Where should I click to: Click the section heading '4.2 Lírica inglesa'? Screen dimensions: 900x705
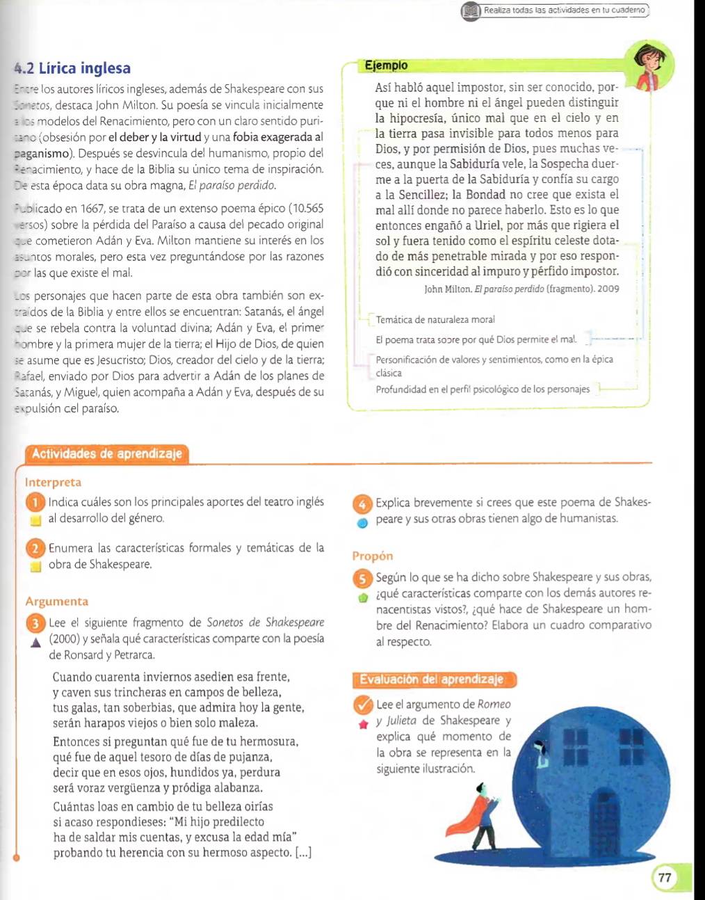(x=72, y=68)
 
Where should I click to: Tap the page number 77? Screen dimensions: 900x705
(x=665, y=877)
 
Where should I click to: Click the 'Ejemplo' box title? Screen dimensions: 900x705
(x=386, y=65)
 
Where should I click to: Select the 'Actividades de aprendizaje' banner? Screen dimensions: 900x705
(x=106, y=454)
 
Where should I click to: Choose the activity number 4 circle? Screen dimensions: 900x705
(x=362, y=503)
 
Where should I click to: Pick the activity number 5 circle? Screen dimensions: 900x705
(x=362, y=578)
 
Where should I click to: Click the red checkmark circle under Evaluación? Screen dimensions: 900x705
(x=363, y=705)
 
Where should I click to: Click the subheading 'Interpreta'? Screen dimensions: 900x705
(x=53, y=482)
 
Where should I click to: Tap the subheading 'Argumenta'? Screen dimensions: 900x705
(x=56, y=602)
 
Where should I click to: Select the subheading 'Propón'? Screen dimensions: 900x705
(x=373, y=556)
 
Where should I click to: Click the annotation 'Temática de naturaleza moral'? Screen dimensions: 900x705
(x=435, y=320)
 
